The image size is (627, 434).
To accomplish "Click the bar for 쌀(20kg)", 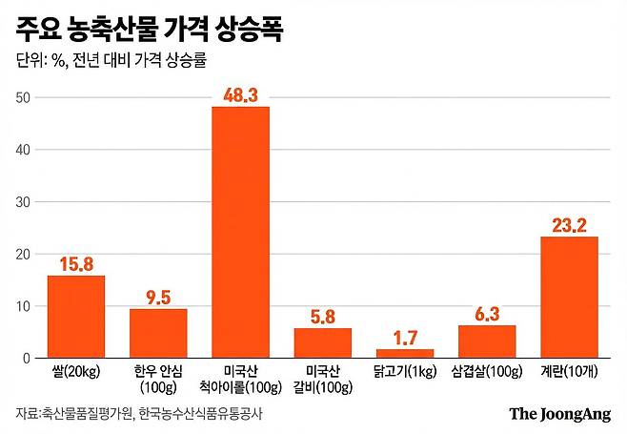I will click(76, 317).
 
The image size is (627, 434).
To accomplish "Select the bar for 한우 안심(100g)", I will click(158, 333).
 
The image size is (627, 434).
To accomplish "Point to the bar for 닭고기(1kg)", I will click(404, 353).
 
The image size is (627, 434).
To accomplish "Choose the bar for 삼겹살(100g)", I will click(487, 341).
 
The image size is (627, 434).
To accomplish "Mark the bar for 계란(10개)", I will click(569, 297).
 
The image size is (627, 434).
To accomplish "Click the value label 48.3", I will click(240, 95).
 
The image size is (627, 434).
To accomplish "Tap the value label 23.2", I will click(569, 226).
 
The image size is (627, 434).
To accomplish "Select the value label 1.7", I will click(404, 339).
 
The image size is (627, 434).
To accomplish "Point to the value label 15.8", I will click(76, 264).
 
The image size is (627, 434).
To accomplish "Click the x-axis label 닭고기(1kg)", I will click(404, 371).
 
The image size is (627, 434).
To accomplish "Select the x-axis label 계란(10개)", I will click(569, 371).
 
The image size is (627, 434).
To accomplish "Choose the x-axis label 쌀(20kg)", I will click(76, 371).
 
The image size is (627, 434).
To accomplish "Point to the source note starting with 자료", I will click(138, 414).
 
